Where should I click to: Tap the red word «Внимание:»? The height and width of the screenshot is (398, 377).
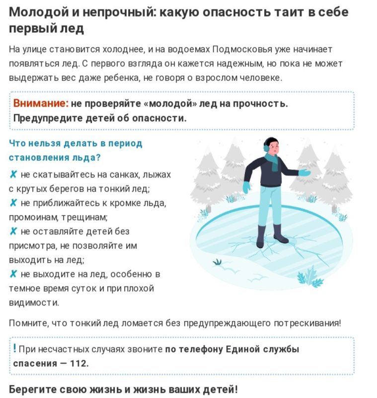click(40, 103)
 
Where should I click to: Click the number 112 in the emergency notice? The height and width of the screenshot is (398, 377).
click(78, 363)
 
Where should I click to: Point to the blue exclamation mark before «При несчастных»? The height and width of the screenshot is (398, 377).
click(15, 349)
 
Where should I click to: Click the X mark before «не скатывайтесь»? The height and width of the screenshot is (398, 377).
click(13, 175)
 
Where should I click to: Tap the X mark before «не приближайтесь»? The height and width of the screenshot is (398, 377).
click(13, 203)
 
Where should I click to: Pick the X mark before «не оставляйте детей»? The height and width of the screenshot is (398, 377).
click(13, 231)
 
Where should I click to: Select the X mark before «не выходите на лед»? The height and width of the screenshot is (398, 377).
click(13, 274)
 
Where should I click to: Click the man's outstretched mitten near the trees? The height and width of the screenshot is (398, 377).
click(304, 173)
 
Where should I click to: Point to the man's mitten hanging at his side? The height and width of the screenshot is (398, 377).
click(246, 187)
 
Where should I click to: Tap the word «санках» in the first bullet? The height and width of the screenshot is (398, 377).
click(116, 175)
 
